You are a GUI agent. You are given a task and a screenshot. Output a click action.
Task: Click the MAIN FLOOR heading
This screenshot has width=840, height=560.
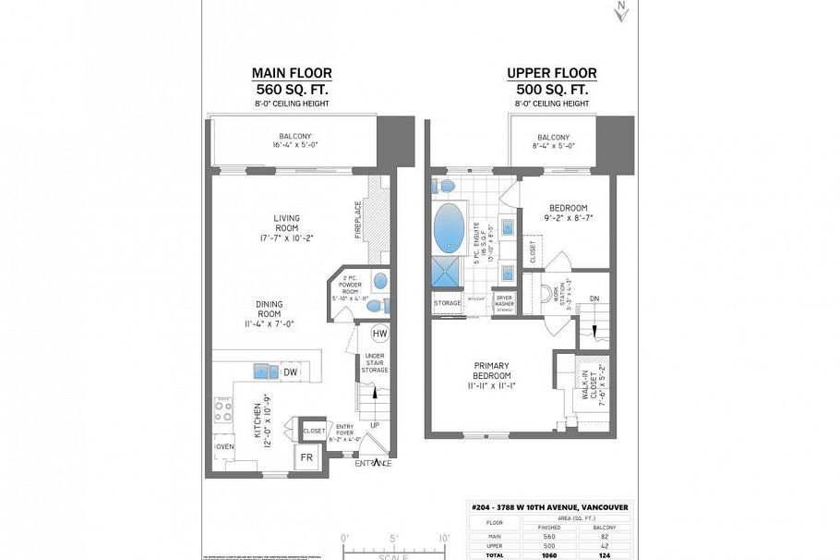(x=293, y=74)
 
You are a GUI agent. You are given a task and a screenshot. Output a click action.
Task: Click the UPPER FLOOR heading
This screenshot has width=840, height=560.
(x=552, y=74)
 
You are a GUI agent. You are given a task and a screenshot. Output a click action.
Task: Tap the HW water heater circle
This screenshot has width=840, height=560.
(x=379, y=334)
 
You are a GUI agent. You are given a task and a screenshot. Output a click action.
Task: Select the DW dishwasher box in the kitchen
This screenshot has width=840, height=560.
(x=290, y=371)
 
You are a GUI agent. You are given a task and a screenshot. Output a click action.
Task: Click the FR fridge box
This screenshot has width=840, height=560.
(x=306, y=457)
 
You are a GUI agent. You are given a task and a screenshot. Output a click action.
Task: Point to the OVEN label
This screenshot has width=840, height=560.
(x=225, y=446)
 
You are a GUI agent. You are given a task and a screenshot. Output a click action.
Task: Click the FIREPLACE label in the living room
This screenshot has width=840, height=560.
(x=357, y=221)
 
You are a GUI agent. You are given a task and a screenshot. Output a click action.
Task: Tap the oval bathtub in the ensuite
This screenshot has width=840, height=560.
(x=450, y=227)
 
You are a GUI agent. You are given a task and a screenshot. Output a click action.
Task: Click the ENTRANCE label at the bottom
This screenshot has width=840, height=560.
(x=374, y=464)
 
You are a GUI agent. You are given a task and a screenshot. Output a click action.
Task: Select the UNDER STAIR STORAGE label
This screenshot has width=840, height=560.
(x=375, y=363)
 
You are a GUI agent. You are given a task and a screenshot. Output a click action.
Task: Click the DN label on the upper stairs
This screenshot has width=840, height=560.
(x=594, y=298)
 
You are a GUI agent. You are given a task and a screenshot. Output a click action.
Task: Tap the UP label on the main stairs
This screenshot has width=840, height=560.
(x=374, y=426)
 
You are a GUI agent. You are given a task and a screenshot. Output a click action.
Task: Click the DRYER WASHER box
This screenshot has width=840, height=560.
(x=504, y=301)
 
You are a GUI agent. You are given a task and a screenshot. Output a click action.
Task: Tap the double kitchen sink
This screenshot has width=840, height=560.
(x=267, y=371)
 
